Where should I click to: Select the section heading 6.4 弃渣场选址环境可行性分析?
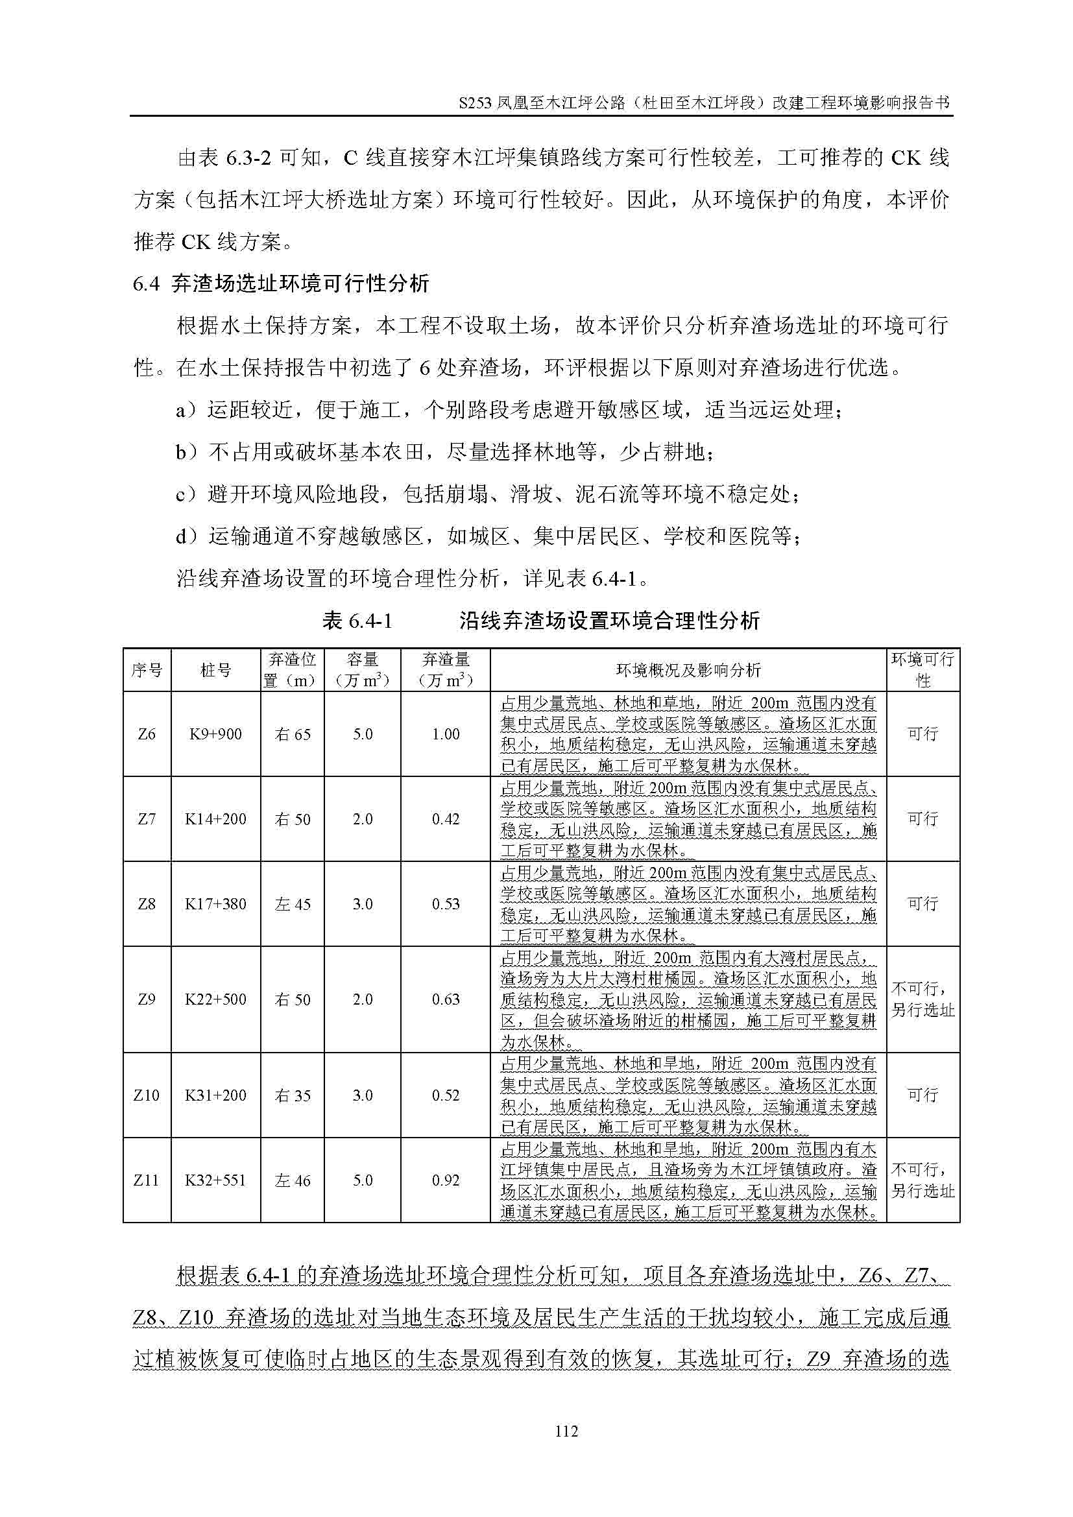(x=281, y=283)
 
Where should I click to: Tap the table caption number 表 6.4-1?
(x=357, y=621)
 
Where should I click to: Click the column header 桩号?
(x=215, y=671)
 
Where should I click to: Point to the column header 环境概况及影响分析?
(x=688, y=671)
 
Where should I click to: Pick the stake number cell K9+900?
(x=215, y=734)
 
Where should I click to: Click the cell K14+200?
(x=215, y=819)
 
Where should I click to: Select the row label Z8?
(x=147, y=904)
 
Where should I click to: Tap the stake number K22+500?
(x=215, y=999)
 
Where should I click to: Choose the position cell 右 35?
(x=293, y=1095)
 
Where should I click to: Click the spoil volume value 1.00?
(x=445, y=734)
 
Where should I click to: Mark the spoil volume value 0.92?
(x=445, y=1180)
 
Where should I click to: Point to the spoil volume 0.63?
(x=445, y=999)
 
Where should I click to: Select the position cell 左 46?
(x=293, y=1180)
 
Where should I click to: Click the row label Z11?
(x=147, y=1180)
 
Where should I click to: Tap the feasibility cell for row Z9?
(x=922, y=999)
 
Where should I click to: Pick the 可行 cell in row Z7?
(x=922, y=819)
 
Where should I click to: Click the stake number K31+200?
(x=215, y=1095)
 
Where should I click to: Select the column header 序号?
(x=147, y=671)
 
